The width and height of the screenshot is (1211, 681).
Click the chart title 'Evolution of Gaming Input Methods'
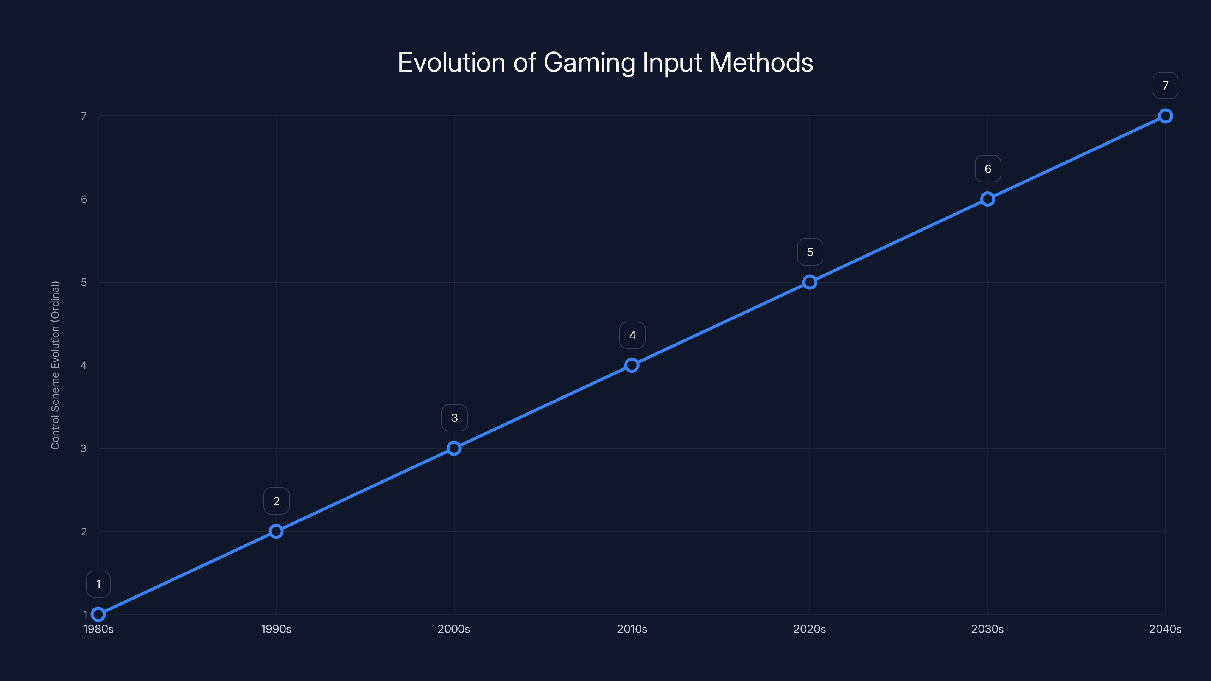click(x=605, y=62)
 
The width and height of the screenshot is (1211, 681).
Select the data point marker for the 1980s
click(x=98, y=614)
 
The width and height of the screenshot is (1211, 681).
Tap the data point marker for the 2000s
click(x=454, y=448)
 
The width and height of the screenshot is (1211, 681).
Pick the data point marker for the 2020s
click(x=809, y=282)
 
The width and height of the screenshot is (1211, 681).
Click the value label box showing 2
click(x=276, y=501)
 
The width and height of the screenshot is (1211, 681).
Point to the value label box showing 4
click(x=632, y=335)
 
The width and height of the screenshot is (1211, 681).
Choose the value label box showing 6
click(x=988, y=169)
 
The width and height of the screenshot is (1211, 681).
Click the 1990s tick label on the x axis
click(x=276, y=629)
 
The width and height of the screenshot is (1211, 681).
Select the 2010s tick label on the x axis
click(x=632, y=629)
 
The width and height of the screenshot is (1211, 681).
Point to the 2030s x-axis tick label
click(x=987, y=629)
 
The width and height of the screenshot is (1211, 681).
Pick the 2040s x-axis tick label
click(x=1165, y=629)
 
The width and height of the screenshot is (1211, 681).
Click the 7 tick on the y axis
click(x=84, y=116)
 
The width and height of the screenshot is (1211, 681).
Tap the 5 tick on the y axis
click(x=84, y=282)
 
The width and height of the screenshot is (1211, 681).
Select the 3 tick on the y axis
click(x=84, y=448)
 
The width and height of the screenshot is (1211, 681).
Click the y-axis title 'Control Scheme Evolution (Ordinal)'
click(x=56, y=365)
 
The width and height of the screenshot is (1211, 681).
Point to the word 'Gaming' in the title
click(x=590, y=63)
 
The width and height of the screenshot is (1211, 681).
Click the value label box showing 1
click(x=98, y=584)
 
